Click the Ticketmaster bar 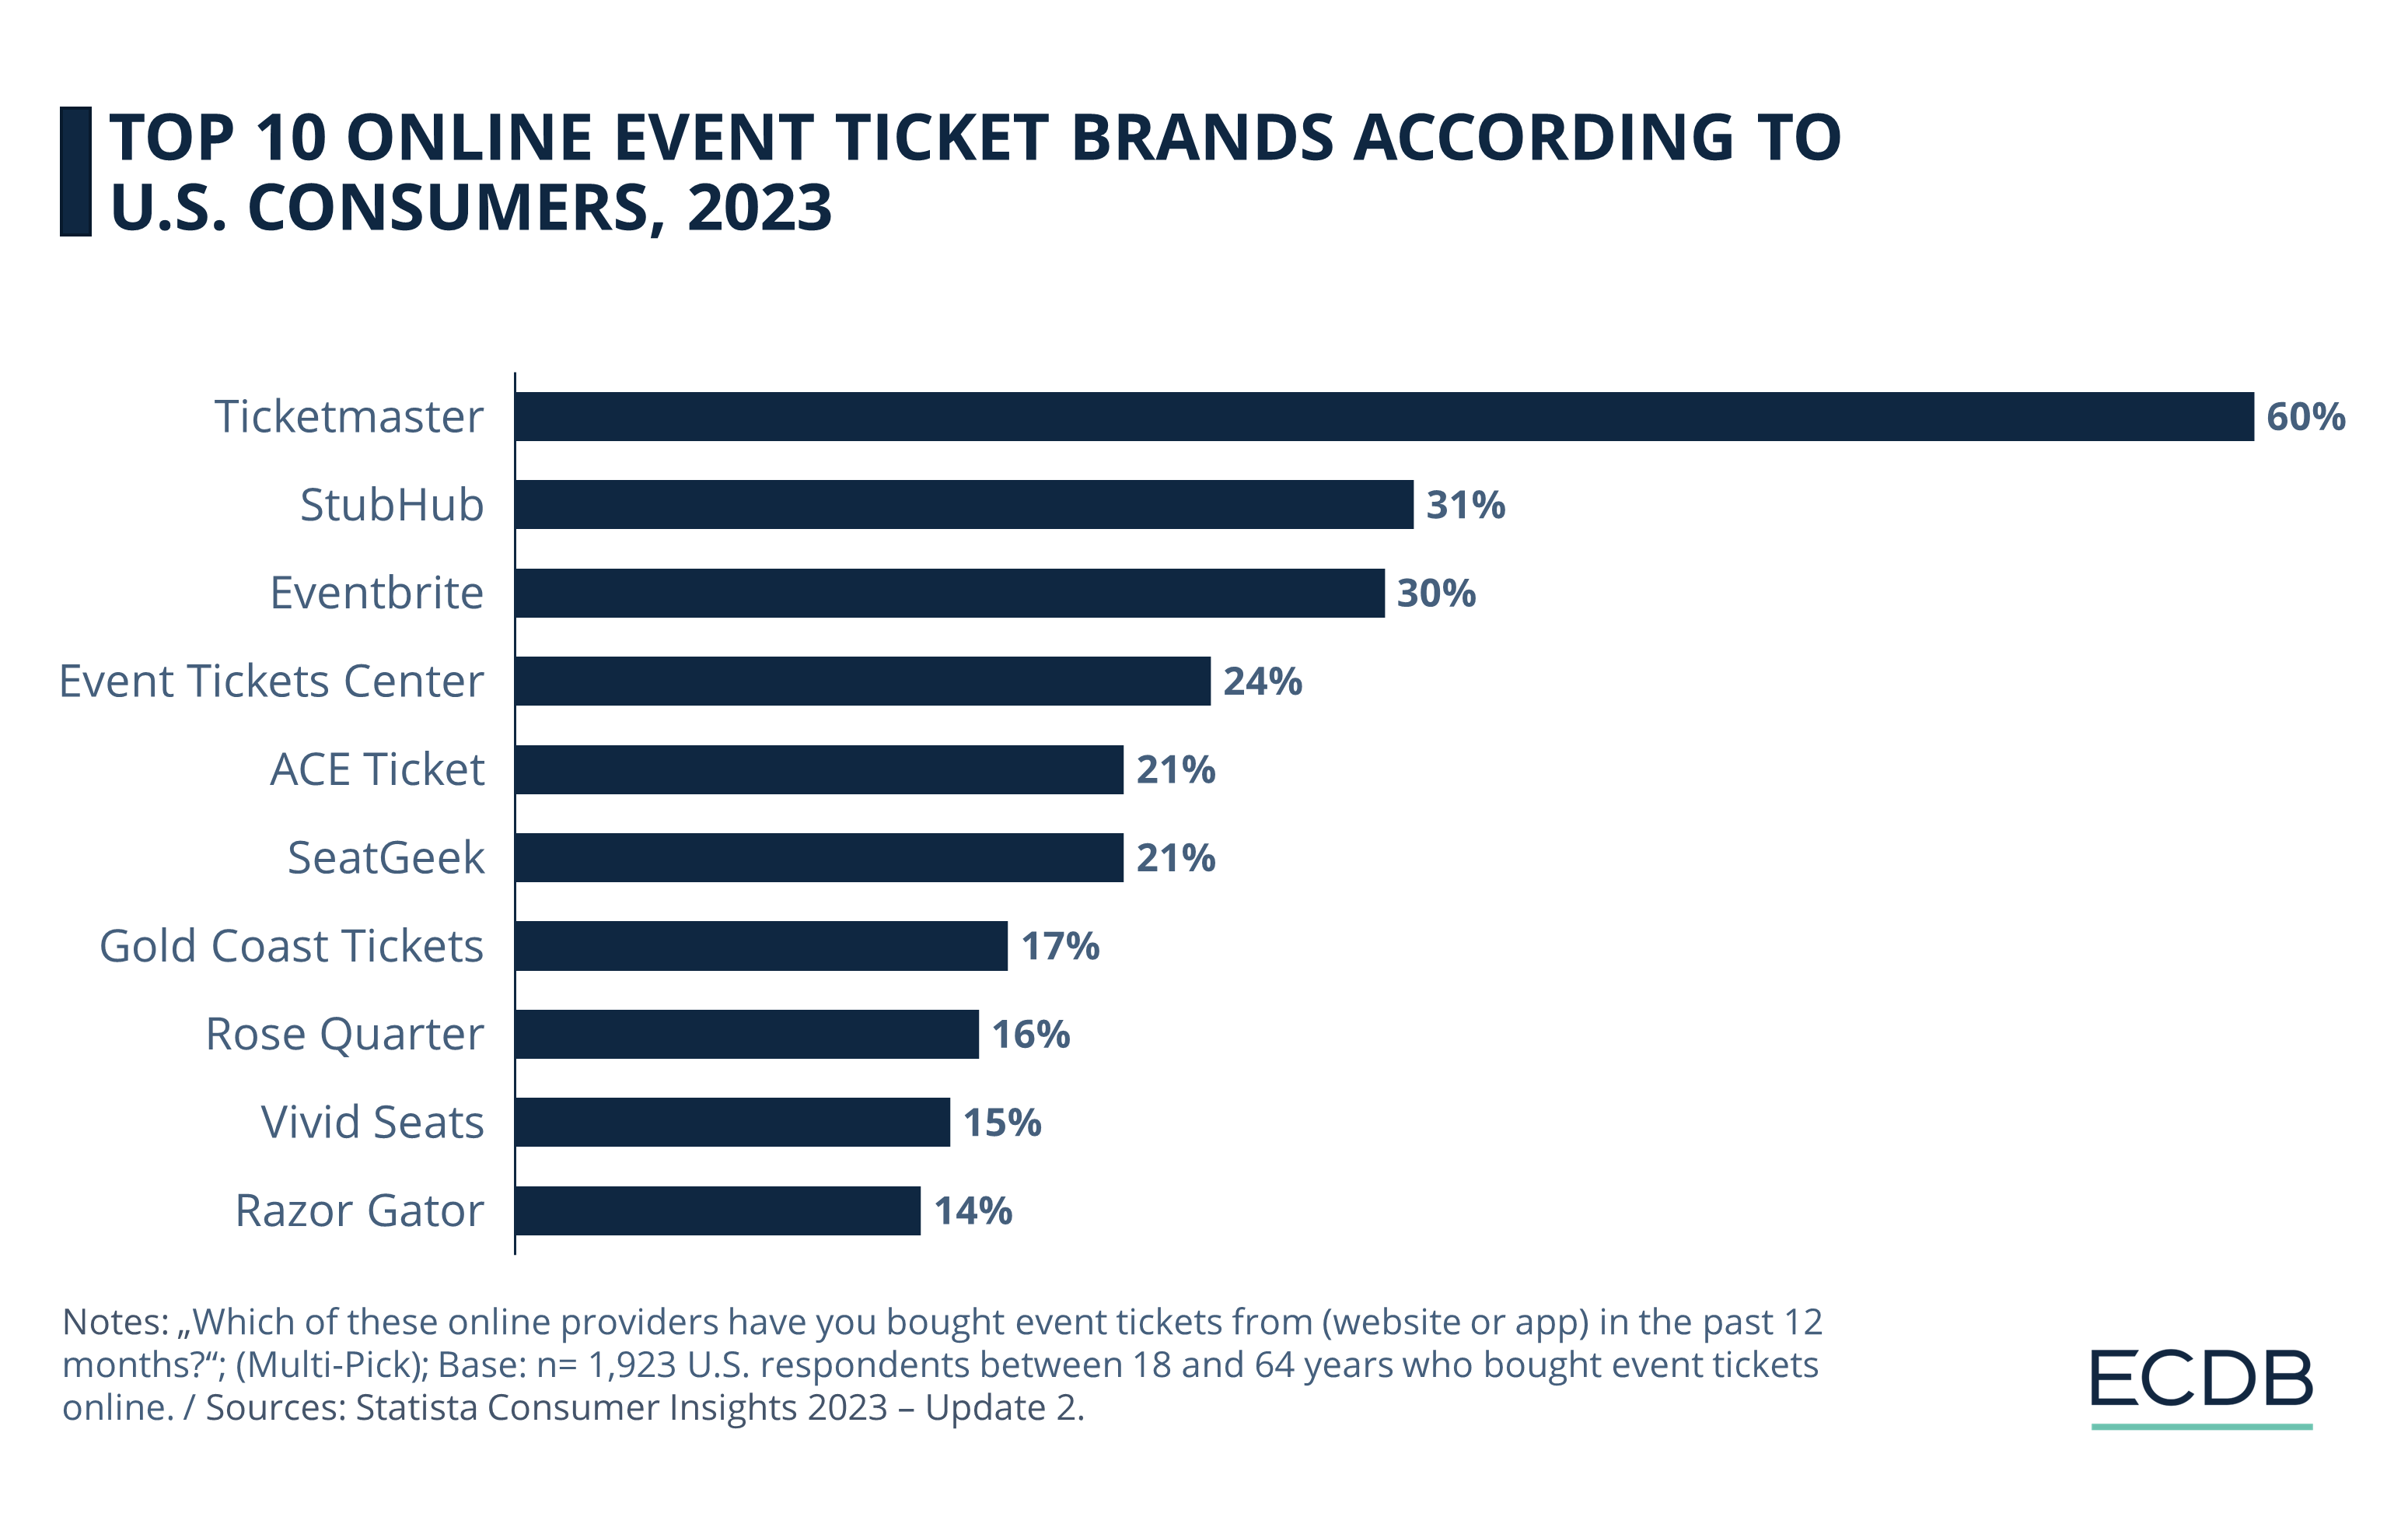[1384, 416]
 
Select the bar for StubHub [963, 505]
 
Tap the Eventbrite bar [949, 594]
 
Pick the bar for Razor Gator [717, 1210]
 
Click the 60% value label [2305, 417]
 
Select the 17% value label [1059, 947]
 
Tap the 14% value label [972, 1212]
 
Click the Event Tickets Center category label [271, 682]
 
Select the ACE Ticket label [377, 770]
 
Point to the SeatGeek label [386, 858]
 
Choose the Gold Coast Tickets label [291, 947]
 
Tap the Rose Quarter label [344, 1034]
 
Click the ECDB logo [2200, 1384]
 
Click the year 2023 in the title [759, 208]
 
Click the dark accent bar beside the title [75, 172]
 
